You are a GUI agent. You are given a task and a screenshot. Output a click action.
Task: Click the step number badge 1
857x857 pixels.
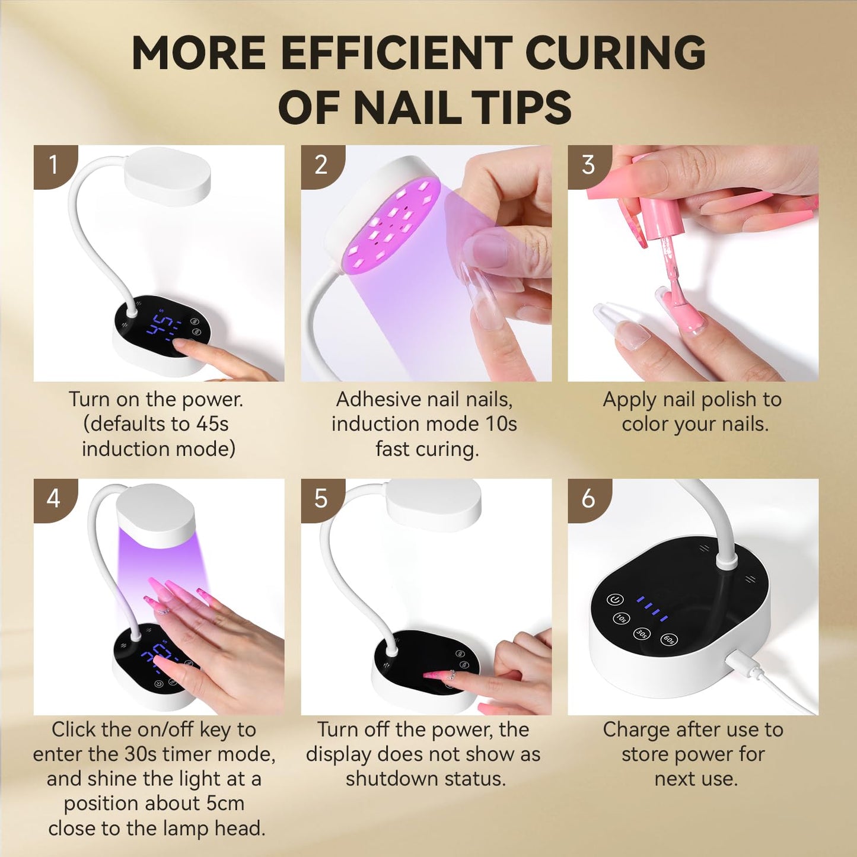[53, 165]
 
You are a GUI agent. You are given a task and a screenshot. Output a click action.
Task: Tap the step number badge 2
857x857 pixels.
[321, 165]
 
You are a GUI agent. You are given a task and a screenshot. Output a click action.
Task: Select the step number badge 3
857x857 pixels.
[588, 165]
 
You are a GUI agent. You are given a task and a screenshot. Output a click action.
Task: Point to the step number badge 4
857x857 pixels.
[53, 498]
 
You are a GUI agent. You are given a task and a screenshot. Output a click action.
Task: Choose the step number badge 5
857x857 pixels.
[321, 498]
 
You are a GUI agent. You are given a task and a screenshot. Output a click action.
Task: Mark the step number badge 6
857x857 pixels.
[588, 498]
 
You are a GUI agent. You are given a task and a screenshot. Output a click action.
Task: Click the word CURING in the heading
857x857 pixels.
[615, 53]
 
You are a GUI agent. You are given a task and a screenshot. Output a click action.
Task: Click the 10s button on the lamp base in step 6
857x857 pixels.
[621, 618]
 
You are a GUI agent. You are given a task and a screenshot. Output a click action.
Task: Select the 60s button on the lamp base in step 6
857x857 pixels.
[668, 639]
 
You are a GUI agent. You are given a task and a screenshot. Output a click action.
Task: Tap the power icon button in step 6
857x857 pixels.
[615, 600]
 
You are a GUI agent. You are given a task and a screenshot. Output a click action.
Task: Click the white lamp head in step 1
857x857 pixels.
[167, 176]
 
